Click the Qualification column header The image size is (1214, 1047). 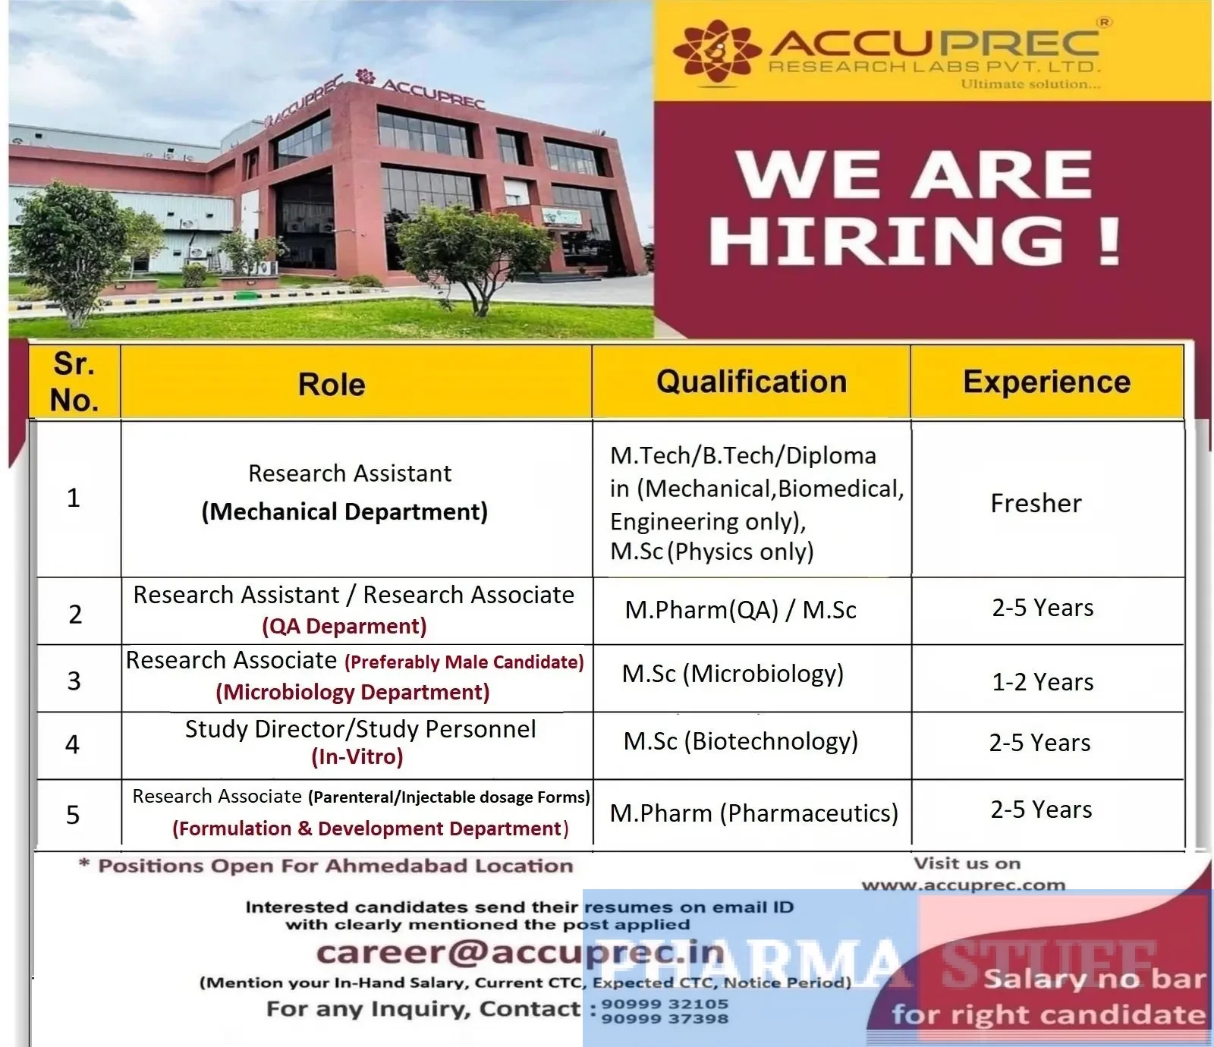pyautogui.click(x=751, y=382)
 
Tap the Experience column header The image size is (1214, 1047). pyautogui.click(x=1047, y=382)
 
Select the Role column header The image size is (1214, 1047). pyautogui.click(x=332, y=384)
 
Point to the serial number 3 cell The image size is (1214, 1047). pyautogui.click(x=74, y=681)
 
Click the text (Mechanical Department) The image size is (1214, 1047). pyautogui.click(x=344, y=511)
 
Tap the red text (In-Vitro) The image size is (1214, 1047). pyautogui.click(x=357, y=756)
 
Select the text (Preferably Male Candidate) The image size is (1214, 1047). pyautogui.click(x=464, y=662)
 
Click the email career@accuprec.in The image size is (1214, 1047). pyautogui.click(x=521, y=953)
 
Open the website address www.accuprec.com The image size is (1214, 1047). pyautogui.click(x=964, y=885)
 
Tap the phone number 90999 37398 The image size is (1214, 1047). pyautogui.click(x=665, y=1019)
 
